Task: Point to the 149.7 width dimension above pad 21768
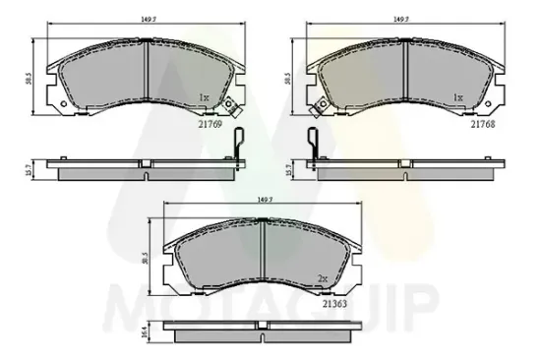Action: click(x=400, y=18)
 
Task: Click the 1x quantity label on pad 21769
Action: click(x=205, y=98)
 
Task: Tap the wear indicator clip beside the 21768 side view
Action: click(x=313, y=146)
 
